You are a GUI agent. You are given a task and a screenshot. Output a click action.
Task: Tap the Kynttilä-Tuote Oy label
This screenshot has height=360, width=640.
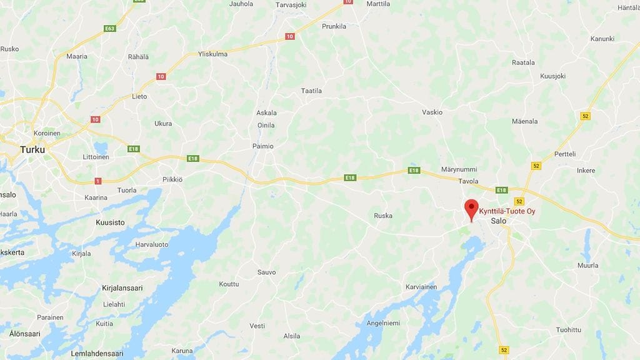[507, 211]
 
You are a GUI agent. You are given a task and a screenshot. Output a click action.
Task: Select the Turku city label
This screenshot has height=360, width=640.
[32, 149]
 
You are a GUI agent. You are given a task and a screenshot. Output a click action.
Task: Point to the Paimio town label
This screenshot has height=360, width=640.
[263, 146]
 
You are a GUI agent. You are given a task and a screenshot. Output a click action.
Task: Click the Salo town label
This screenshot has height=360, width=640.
[499, 221]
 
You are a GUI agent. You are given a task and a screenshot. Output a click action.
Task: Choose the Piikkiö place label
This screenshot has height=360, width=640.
[172, 179]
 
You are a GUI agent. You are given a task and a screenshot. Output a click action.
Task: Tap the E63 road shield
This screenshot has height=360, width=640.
[110, 29]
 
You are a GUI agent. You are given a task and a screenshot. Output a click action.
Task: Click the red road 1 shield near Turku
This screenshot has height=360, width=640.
[97, 181]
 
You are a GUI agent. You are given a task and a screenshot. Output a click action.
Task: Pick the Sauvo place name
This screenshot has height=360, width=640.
[266, 272]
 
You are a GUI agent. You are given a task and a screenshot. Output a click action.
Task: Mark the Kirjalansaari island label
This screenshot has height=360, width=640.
[122, 288]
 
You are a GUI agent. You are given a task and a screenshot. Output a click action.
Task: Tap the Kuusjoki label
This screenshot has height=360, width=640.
[552, 76]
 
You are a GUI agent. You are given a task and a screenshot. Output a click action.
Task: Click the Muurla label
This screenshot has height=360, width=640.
[587, 266]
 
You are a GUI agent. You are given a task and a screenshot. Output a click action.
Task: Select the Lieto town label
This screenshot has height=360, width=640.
[139, 97]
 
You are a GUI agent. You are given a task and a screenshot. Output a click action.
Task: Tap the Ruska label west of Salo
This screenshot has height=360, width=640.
[383, 216]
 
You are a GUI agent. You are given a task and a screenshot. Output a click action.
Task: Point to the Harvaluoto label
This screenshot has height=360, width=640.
[152, 244]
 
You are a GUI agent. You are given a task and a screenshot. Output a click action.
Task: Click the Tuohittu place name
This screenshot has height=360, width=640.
[568, 330]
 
